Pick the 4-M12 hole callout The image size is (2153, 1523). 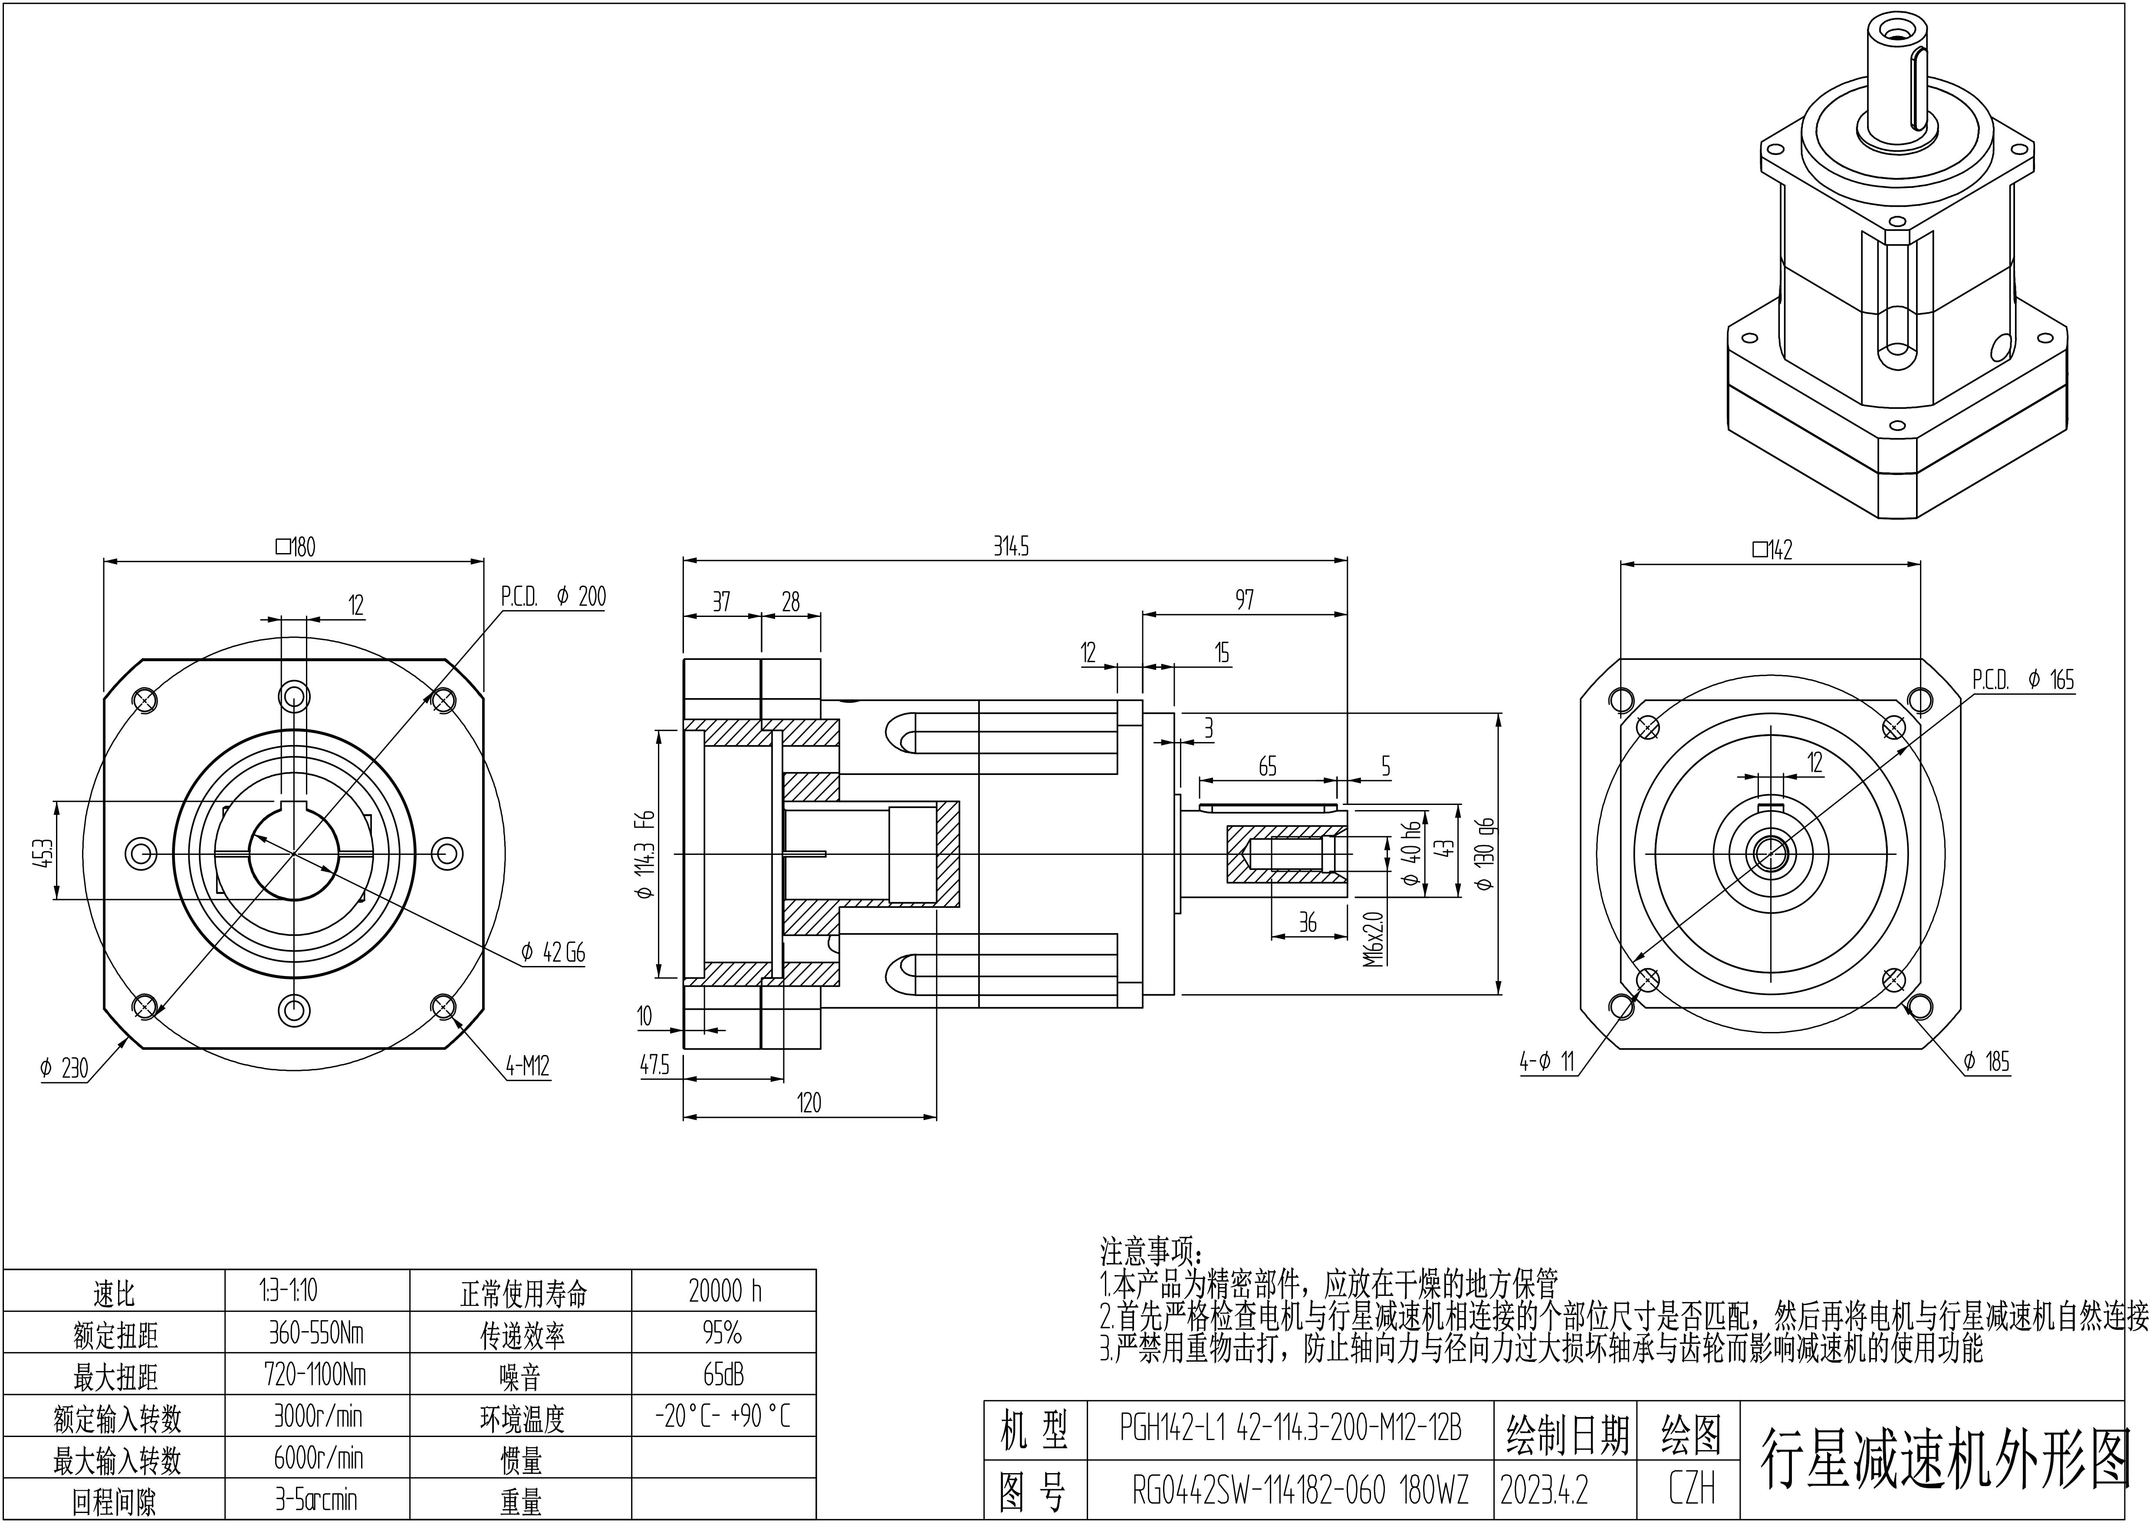tap(527, 1066)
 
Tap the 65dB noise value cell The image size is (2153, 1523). tap(724, 1374)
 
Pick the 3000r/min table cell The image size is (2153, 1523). tap(317, 1415)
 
